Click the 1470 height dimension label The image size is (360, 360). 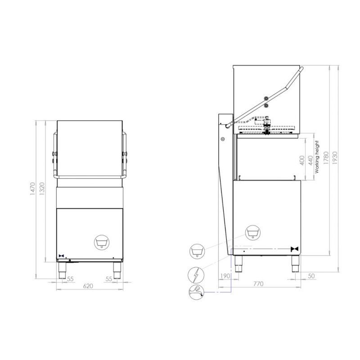pyautogui.click(x=33, y=189)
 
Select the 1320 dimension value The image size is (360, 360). pyautogui.click(x=42, y=189)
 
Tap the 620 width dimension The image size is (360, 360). pyautogui.click(x=88, y=286)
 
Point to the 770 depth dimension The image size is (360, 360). pyautogui.click(x=258, y=284)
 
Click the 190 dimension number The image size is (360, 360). pyautogui.click(x=225, y=276)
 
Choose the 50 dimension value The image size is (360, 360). pyautogui.click(x=311, y=276)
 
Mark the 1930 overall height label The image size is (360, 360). pyautogui.click(x=335, y=157)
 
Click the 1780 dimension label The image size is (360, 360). pyautogui.click(x=326, y=157)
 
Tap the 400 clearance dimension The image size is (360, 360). pyautogui.click(x=302, y=160)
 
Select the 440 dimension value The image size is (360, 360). pyautogui.click(x=310, y=160)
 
